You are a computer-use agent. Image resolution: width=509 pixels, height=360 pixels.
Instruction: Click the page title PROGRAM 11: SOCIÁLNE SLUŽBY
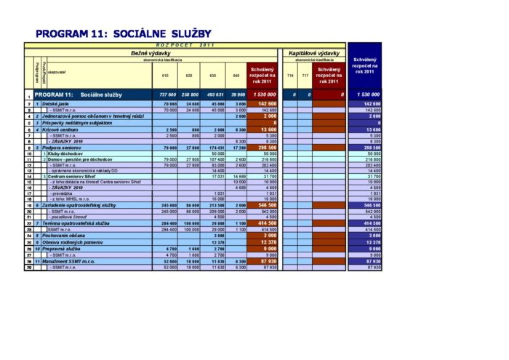tap(123, 33)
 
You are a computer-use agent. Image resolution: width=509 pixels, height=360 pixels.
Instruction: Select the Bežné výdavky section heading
tap(151, 53)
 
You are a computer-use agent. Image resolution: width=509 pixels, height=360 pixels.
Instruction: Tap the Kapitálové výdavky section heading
tap(314, 53)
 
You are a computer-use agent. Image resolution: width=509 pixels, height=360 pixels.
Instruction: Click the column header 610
tap(165, 76)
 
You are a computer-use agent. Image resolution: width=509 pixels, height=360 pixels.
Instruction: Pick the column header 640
tap(236, 76)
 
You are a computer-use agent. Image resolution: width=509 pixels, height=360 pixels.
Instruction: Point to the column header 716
tap(289, 76)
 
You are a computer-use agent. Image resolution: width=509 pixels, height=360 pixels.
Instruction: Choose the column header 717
tap(305, 76)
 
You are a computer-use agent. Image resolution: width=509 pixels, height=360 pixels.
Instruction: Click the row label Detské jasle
tap(55, 104)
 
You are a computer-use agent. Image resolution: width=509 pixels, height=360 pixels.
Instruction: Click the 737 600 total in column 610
tap(167, 95)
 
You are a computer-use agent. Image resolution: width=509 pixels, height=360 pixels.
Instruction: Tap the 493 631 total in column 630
tap(215, 95)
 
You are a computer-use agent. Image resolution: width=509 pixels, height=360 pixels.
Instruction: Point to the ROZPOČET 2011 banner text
tap(186, 45)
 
